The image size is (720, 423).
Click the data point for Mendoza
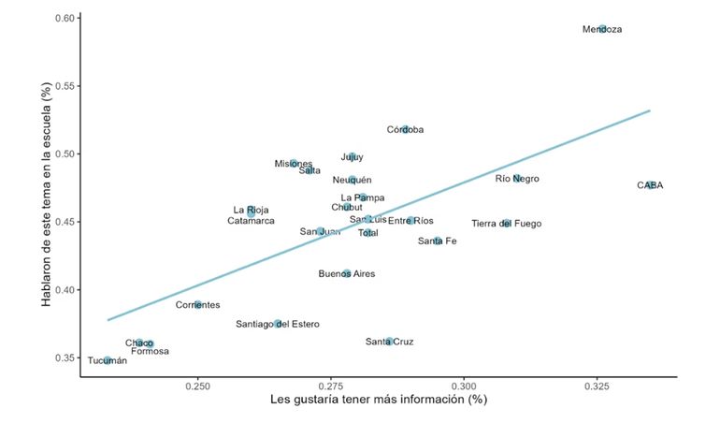[x=603, y=29]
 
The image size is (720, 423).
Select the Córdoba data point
[x=405, y=129]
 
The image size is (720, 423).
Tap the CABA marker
[x=650, y=185]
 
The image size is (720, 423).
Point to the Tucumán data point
[x=108, y=360]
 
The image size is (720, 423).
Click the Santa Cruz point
[x=389, y=342]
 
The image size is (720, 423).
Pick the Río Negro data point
[x=517, y=179]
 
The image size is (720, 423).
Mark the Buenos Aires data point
[x=347, y=274]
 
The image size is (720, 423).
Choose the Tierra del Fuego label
[x=506, y=224]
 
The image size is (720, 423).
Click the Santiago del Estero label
[x=278, y=325]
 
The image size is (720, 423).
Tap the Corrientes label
[x=198, y=305]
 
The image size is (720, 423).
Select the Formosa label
[x=151, y=352]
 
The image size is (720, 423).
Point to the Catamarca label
[x=251, y=221]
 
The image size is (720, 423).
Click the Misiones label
[x=294, y=164]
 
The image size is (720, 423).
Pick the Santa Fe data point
[x=437, y=241]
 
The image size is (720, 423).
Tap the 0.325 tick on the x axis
[x=598, y=386]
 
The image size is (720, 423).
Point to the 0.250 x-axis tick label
[x=197, y=386]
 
